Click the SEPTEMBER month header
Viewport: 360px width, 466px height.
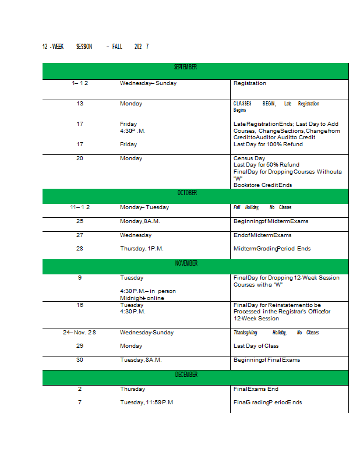coord(186,68)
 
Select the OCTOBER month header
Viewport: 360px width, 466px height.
coord(187,193)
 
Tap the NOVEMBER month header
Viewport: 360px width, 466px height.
coord(186,263)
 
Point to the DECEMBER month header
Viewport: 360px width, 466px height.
coord(186,375)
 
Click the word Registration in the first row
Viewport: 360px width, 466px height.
coord(249,83)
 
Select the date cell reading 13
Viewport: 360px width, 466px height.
coord(80,104)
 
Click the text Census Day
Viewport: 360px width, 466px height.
coord(249,158)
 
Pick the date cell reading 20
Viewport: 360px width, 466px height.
coord(80,158)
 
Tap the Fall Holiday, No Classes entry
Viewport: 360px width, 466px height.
coord(262,207)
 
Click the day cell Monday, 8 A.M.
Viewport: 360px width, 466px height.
coord(140,221)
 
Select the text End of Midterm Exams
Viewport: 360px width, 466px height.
coord(262,235)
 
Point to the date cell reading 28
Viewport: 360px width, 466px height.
coord(80,249)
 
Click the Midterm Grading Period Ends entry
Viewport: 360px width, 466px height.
coord(271,249)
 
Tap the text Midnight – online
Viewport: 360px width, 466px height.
coord(142,298)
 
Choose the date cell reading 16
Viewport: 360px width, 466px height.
coord(80,305)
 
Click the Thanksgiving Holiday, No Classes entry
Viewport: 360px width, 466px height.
coord(276,333)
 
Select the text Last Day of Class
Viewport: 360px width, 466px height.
coord(256,346)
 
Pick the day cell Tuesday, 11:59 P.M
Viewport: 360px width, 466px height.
coord(146,403)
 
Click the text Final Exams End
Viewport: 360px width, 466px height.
coord(256,389)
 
